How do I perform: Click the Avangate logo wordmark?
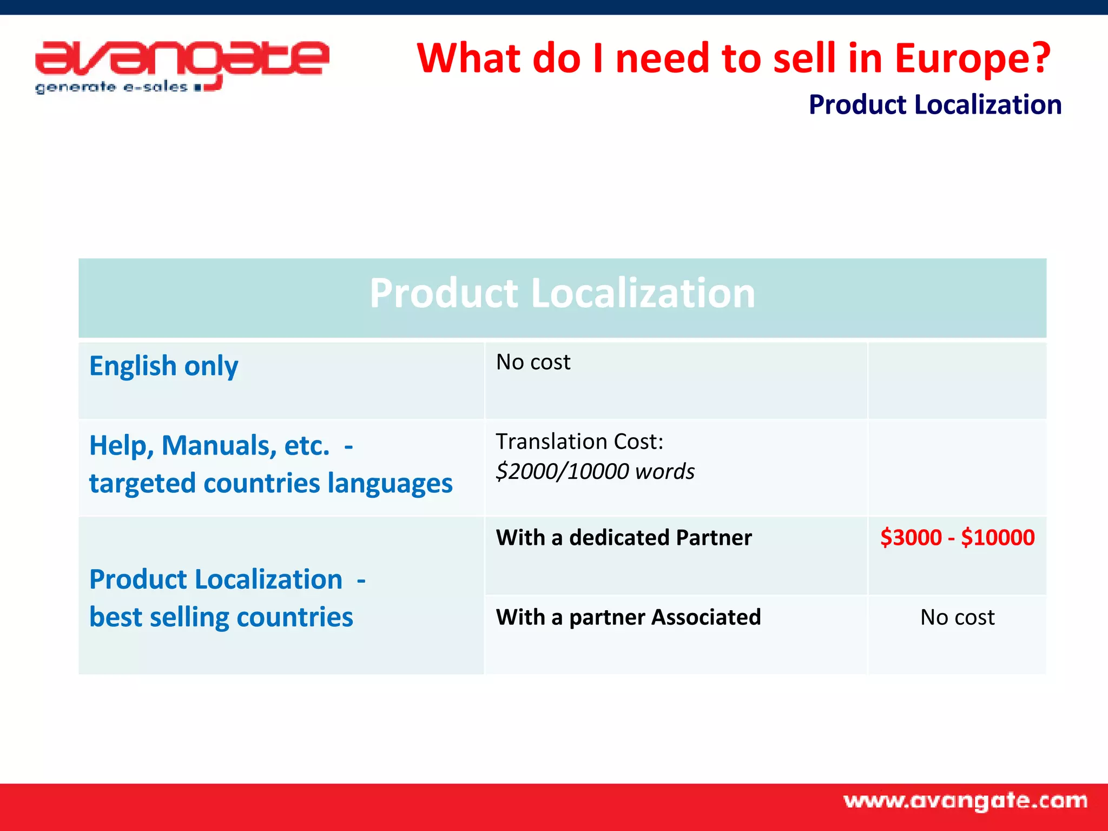coord(182,58)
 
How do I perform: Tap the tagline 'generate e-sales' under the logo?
coord(111,87)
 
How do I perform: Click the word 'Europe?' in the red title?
coord(972,58)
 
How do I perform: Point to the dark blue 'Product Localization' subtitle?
coord(935,104)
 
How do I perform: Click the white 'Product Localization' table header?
coord(562,293)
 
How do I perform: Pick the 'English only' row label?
coord(163,366)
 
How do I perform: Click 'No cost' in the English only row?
coord(533,362)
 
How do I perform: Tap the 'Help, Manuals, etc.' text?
coord(209,446)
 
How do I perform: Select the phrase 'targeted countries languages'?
coord(271,483)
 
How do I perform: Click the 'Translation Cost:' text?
coord(579,441)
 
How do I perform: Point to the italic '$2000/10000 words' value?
coord(595,471)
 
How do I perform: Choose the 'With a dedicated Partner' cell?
coord(624,538)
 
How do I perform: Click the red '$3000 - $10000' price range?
coord(957,538)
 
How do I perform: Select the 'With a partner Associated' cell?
coord(628,617)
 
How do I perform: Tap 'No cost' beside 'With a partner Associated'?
coord(957,617)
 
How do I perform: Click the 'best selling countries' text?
coord(221,617)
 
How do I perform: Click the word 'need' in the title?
coord(662,58)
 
